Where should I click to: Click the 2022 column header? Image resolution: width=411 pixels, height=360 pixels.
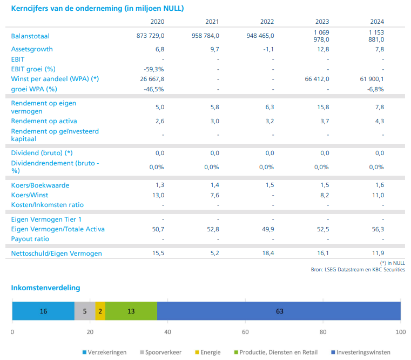click(267, 22)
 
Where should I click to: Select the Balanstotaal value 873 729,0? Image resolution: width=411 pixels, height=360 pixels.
click(151, 36)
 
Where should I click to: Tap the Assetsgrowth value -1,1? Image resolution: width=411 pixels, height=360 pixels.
click(267, 49)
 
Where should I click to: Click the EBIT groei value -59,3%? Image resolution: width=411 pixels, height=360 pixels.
click(154, 69)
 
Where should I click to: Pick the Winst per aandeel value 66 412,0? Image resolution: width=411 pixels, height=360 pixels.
click(317, 79)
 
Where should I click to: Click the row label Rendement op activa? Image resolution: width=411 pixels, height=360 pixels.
click(44, 121)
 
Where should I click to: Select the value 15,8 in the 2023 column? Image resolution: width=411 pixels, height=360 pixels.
click(324, 107)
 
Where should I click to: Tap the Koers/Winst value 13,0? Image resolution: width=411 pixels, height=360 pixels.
click(158, 195)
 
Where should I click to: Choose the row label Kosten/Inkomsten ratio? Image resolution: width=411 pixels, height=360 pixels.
click(48, 205)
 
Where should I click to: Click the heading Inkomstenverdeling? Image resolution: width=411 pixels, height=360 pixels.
click(45, 288)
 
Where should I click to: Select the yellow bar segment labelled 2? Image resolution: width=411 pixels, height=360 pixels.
click(100, 311)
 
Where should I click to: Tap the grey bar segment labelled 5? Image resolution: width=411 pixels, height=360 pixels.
click(85, 311)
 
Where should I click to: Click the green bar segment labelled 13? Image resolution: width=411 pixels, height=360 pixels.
click(131, 311)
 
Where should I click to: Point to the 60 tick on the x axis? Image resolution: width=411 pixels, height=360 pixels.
click(245, 332)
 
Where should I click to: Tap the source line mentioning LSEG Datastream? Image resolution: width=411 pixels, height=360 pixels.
click(358, 269)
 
